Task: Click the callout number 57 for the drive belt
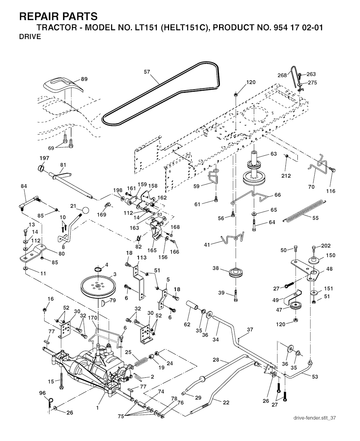[147, 72]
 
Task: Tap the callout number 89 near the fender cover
[84, 79]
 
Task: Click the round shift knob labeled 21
[85, 210]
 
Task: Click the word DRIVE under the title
[30, 37]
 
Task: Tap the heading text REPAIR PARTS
[58, 16]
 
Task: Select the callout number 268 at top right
[282, 75]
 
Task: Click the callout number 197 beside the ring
[44, 158]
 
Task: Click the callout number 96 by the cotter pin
[42, 394]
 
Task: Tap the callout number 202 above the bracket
[326, 246]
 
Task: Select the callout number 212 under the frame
[286, 176]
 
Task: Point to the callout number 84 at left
[24, 186]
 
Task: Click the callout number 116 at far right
[331, 191]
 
